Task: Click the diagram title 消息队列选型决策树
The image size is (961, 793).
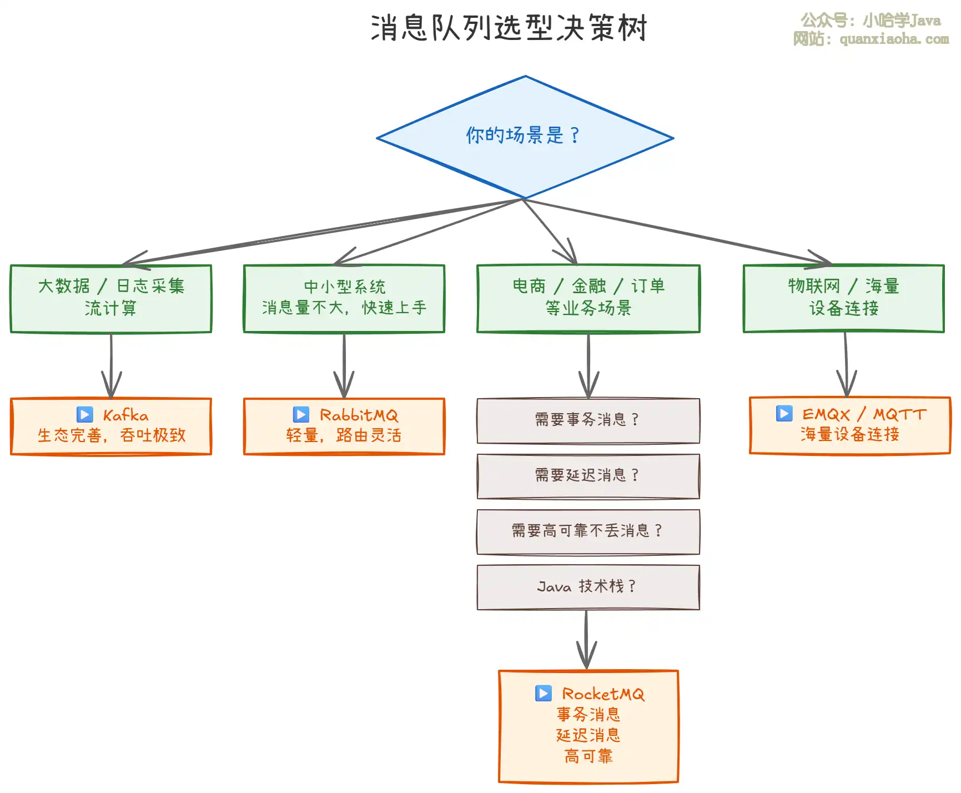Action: pos(509,28)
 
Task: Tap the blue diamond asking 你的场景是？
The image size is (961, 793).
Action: pos(525,136)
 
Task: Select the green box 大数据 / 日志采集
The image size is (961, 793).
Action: pos(111,298)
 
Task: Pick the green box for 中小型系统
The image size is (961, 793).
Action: pos(344,298)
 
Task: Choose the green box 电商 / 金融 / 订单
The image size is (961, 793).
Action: pos(588,298)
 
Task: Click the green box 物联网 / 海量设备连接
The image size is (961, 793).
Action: pos(844,298)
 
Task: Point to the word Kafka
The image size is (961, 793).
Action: pos(125,415)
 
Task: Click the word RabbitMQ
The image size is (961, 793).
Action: pos(359,415)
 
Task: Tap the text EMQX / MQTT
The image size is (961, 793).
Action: pos(864,414)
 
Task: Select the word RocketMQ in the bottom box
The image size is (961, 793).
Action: pos(603,694)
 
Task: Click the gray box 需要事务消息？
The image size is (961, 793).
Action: pos(588,420)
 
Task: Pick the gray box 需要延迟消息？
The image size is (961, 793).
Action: pos(588,476)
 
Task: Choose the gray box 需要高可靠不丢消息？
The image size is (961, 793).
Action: pos(588,531)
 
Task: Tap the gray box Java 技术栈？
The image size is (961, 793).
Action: pos(588,587)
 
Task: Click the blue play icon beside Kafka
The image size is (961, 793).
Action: pos(85,415)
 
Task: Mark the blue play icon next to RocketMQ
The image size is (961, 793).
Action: pos(544,694)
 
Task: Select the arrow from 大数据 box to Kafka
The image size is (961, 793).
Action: pos(111,367)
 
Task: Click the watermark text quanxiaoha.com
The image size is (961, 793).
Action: pos(894,39)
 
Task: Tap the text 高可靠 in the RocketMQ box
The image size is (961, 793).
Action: pos(588,756)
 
